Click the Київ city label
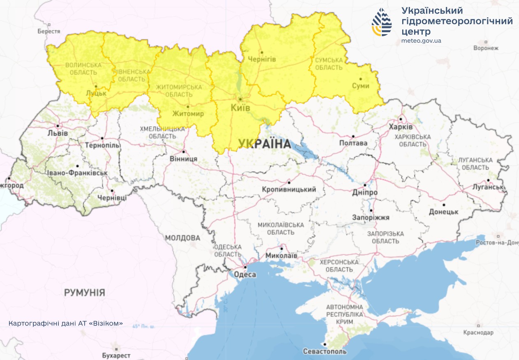(240, 108)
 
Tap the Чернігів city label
(262, 59)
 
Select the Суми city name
(361, 86)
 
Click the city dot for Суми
(360, 79)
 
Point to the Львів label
(58, 133)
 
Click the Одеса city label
(245, 274)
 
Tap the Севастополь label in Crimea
(324, 351)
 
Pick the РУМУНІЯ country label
(84, 293)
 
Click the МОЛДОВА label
(183, 238)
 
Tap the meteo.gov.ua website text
(421, 41)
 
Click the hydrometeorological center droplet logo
(382, 22)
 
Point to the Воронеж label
(486, 48)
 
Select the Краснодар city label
(478, 332)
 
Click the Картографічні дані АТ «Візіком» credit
(66, 323)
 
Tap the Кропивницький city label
(289, 189)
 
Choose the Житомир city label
(188, 114)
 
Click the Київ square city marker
(240, 99)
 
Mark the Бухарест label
(116, 355)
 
